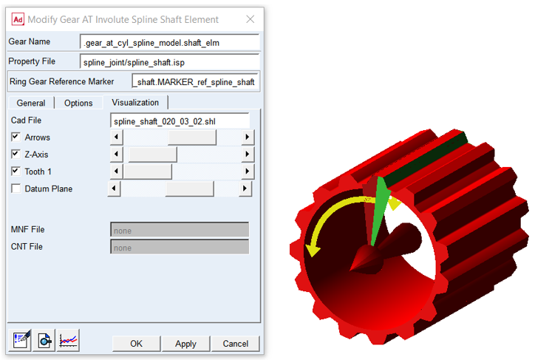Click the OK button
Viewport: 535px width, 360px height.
[136, 343]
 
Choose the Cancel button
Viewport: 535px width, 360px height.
[235, 343]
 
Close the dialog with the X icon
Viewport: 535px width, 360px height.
[250, 19]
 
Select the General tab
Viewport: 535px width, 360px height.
[31, 103]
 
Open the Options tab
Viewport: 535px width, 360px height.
[78, 103]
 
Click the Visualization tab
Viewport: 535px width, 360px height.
[135, 102]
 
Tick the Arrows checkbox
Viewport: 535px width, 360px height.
[16, 137]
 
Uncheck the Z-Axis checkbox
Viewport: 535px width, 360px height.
[16, 154]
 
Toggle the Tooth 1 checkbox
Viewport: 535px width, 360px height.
[16, 171]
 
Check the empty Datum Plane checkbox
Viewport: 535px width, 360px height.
[16, 189]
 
